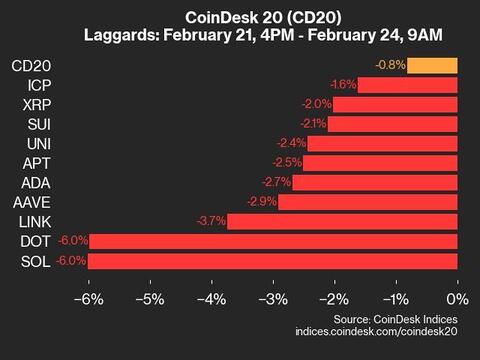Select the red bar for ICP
tap(407, 85)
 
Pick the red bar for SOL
tap(274, 260)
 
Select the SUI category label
tap(39, 124)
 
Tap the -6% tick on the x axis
tap(88, 298)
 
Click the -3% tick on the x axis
tap(272, 298)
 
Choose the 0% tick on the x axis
tap(457, 298)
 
